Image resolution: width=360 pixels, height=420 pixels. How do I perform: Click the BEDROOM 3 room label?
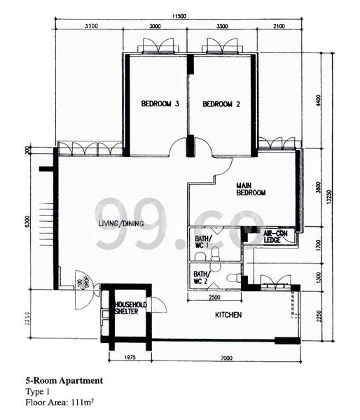[x=160, y=104]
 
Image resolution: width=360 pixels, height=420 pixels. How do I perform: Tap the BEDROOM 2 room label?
[x=221, y=104]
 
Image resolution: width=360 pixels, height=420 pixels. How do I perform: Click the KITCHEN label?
[x=228, y=316]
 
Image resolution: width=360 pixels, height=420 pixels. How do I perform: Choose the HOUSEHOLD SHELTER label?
[x=130, y=309]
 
